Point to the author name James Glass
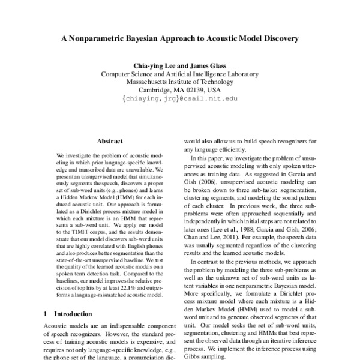(x=206, y=65)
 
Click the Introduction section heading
(x=73, y=314)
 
